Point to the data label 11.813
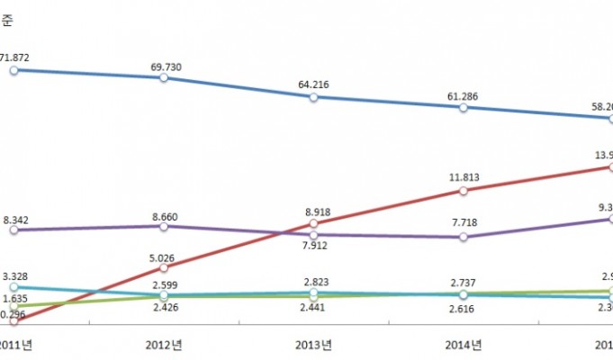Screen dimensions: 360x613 tap(463, 177)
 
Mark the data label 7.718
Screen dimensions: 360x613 tap(463, 223)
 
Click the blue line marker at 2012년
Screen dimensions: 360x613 tap(163, 78)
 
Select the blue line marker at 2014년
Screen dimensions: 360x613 tap(463, 107)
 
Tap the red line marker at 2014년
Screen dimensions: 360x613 tap(463, 191)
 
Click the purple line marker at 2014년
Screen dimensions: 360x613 tap(463, 237)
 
